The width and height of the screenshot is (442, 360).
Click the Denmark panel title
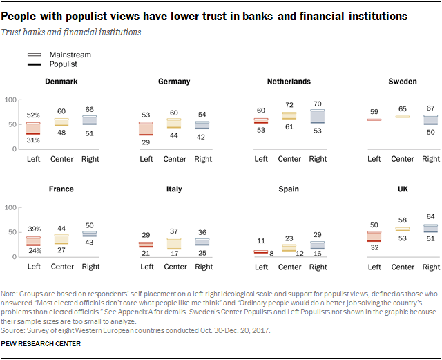[61, 82]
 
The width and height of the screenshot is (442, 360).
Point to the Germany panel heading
[174, 82]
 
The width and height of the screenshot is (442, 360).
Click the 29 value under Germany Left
[146, 142]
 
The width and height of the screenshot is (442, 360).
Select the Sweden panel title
[402, 82]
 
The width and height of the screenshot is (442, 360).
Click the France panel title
[61, 189]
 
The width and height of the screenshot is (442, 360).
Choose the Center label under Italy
[175, 266]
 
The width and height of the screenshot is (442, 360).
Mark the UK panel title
[402, 189]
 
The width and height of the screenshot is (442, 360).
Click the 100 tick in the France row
[10, 207]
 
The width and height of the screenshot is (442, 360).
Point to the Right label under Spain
[318, 266]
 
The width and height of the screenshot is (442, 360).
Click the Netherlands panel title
[289, 82]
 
